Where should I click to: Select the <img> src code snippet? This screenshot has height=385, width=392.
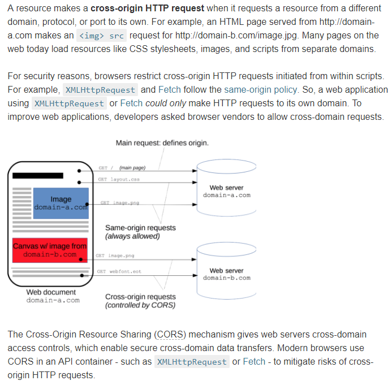(101, 36)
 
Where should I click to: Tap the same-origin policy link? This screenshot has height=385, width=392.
(260, 89)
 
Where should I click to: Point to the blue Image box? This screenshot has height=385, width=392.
(61, 203)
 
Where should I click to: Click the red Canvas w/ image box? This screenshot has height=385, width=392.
(50, 250)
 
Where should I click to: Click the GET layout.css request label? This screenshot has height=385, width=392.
(119, 179)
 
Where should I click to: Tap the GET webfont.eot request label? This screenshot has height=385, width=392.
(119, 271)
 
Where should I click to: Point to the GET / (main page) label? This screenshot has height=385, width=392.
(122, 168)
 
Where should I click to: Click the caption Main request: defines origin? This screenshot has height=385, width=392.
(162, 142)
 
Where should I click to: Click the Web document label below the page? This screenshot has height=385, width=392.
(51, 292)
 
